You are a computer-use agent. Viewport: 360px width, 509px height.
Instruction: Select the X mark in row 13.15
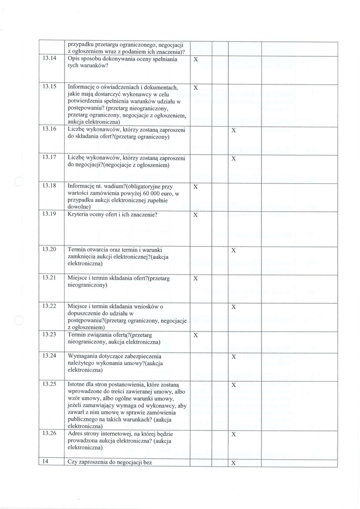[195, 87]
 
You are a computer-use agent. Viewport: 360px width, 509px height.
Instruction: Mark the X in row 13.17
[234, 159]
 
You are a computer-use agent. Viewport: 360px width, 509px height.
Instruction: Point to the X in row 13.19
[195, 215]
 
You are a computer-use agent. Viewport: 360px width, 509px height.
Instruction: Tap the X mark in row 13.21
[195, 278]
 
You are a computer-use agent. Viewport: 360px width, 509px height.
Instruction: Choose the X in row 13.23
[195, 336]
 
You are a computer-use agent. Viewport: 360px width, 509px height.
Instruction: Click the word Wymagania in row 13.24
[85, 356]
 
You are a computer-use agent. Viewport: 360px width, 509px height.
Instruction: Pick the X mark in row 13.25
[234, 385]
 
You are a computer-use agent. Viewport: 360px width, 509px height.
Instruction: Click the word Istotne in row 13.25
[79, 385]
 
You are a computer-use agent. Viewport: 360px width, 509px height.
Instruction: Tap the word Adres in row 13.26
[77, 433]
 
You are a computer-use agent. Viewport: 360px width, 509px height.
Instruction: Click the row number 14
[45, 462]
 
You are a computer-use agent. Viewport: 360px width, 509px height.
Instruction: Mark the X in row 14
[234, 463]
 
